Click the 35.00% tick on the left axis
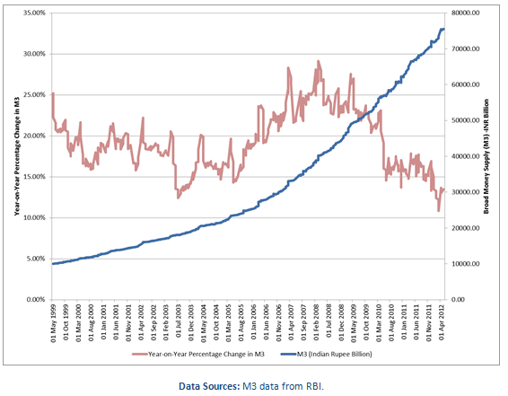[32, 13]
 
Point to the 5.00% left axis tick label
[34, 259]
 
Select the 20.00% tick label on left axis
[32, 136]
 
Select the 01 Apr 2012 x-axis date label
[442, 322]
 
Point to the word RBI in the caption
[311, 386]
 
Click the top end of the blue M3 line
[443, 30]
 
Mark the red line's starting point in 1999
[53, 93]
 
